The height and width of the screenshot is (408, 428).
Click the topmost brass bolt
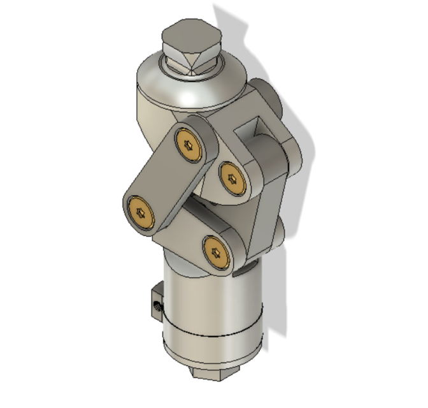point(189,146)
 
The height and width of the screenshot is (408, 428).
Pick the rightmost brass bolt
point(232,179)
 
